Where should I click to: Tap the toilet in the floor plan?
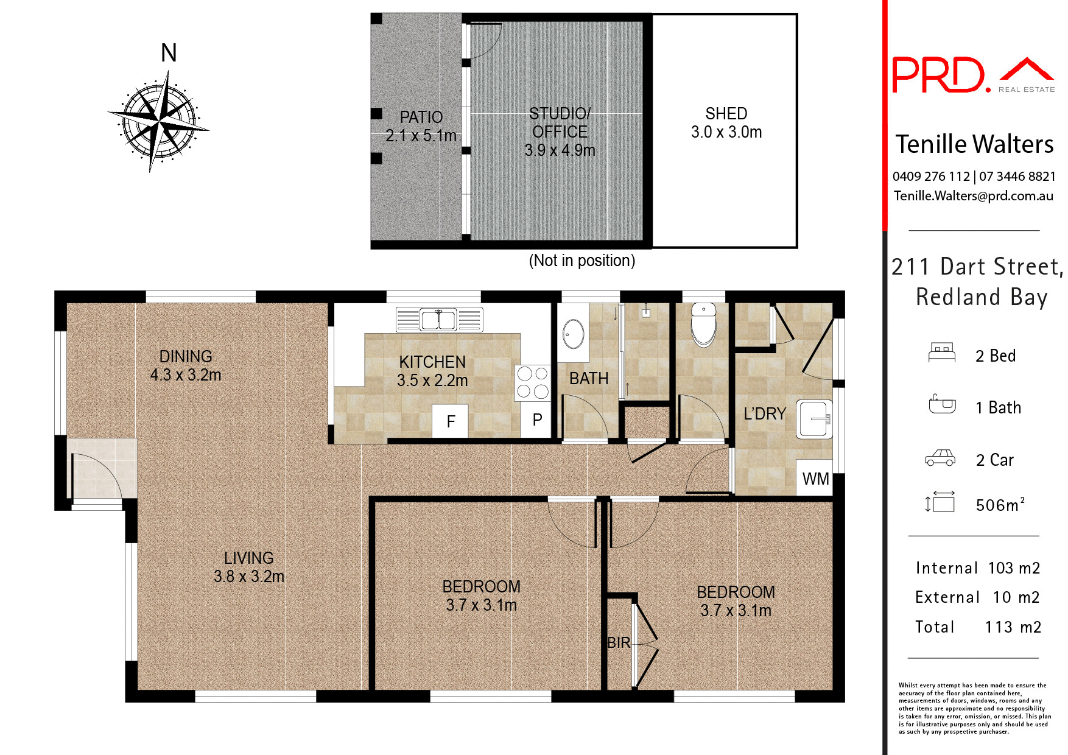703,325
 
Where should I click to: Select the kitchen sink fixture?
439,319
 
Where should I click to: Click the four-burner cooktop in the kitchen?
533,383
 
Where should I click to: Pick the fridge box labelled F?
450,421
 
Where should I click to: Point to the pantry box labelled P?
536,420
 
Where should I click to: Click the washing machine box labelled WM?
815,479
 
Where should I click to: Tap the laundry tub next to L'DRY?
814,419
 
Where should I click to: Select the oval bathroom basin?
573,334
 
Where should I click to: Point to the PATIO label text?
421,117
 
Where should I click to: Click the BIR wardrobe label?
619,642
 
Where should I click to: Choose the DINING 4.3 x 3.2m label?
186,365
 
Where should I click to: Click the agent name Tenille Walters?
974,145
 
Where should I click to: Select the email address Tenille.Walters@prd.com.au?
973,196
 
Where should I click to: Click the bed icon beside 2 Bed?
941,353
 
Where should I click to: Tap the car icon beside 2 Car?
940,458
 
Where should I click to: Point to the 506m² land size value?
1000,505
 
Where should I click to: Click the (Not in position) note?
581,261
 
